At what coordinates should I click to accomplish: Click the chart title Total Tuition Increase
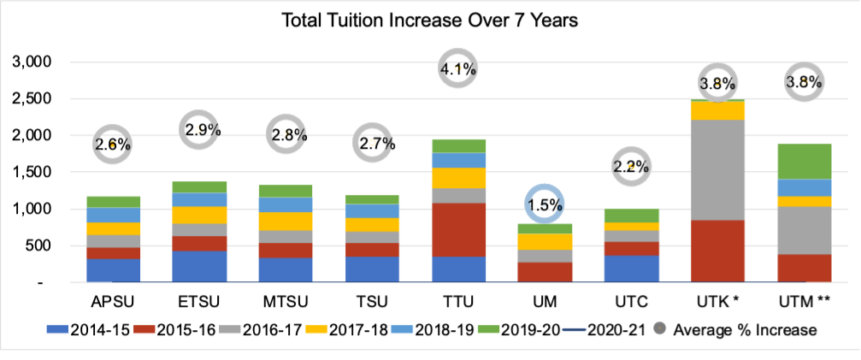(431, 20)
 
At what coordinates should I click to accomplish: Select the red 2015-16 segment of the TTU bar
(459, 229)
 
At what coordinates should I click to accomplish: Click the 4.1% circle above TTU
(459, 68)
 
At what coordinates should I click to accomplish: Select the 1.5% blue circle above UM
(545, 204)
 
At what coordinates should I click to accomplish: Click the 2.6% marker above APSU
(113, 145)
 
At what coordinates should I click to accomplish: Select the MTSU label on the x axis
(284, 302)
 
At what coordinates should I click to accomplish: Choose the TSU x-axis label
(373, 302)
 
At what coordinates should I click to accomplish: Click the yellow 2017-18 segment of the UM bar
(545, 241)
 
